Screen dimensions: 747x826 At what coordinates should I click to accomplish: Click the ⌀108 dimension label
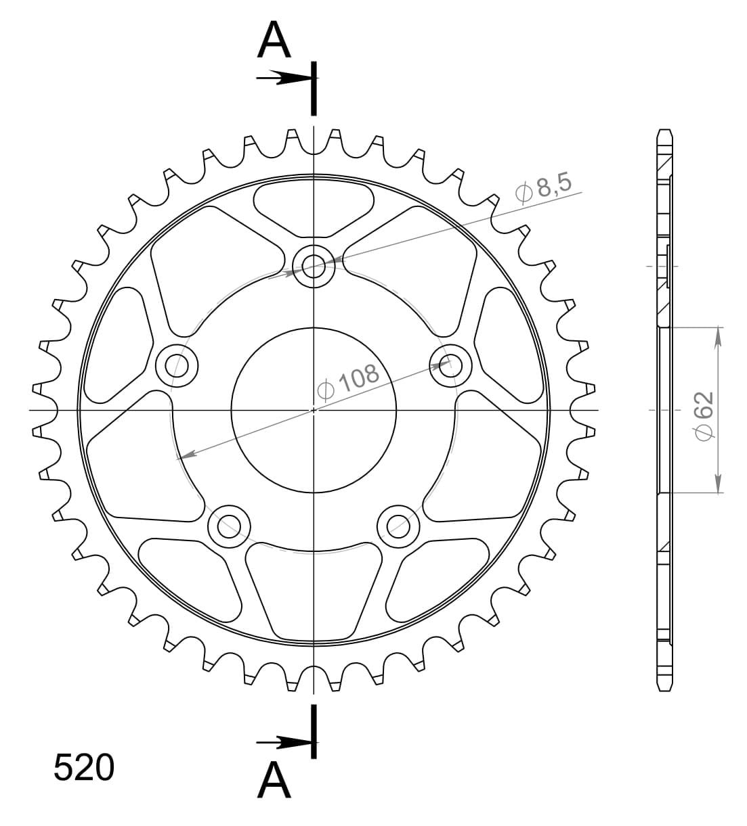pyautogui.click(x=348, y=382)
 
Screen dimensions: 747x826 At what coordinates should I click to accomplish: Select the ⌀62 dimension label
pyautogui.click(x=704, y=416)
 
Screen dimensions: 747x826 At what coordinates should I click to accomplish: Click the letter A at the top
pyautogui.click(x=274, y=39)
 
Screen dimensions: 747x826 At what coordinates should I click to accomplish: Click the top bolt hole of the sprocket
pyautogui.click(x=314, y=267)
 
